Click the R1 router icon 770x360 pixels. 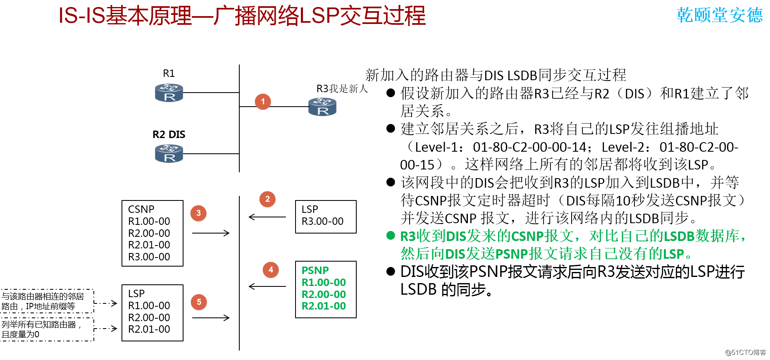pos(169,93)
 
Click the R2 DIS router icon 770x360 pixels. pos(169,153)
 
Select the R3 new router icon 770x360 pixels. pos(322,107)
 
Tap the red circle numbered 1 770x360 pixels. pos(263,101)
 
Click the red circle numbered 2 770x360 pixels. pos(267,199)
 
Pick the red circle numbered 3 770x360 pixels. pos(198,213)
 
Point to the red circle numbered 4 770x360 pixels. pos(271,270)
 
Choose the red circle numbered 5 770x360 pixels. pos(199,302)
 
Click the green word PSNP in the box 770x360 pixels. pos(315,270)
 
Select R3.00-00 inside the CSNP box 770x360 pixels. pos(149,257)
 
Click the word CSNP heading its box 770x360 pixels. pos(141,209)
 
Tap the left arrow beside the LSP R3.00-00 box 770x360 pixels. pos(267,217)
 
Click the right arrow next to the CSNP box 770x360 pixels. pos(211,233)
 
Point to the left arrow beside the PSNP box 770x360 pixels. pos(267,286)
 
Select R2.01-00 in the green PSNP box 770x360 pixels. pos(324,306)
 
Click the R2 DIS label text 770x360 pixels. pos(169,134)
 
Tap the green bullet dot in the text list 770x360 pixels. pos(391,236)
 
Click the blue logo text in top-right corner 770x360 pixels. pos(720,15)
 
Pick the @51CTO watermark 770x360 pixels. pos(745,352)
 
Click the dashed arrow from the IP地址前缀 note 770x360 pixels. pos(106,303)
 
